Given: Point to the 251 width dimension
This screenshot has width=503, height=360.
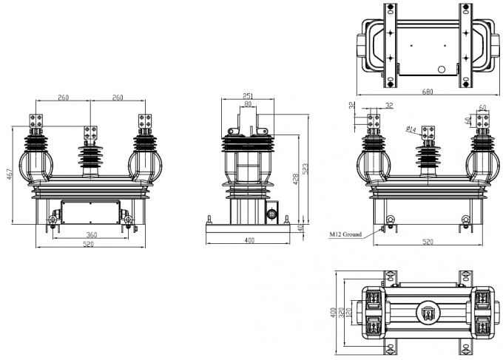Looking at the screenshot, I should pyautogui.click(x=249, y=96).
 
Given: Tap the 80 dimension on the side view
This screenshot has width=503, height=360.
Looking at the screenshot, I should pyautogui.click(x=249, y=104).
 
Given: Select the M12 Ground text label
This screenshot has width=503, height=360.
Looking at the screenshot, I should pyautogui.click(x=345, y=234).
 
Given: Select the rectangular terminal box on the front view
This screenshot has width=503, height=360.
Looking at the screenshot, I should pyautogui.click(x=90, y=212).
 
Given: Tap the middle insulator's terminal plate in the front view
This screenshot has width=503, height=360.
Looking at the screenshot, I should pyautogui.click(x=92, y=134).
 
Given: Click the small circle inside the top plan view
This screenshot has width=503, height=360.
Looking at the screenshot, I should pyautogui.click(x=442, y=69).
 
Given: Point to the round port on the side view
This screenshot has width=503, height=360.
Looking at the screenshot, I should pyautogui.click(x=271, y=214).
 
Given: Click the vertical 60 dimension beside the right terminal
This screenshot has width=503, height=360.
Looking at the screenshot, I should pyautogui.click(x=469, y=121).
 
